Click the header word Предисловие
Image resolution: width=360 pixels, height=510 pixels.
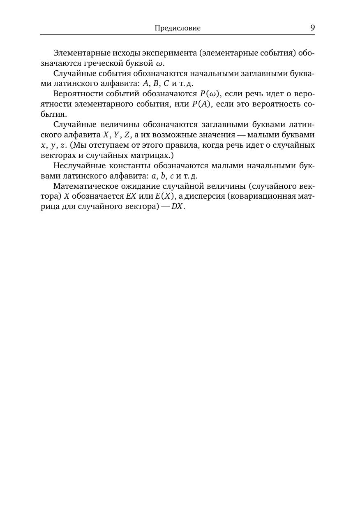click(178, 28)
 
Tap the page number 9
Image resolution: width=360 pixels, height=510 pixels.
click(312, 28)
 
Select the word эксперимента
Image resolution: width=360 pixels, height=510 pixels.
click(168, 53)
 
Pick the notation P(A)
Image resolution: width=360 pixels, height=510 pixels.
click(201, 104)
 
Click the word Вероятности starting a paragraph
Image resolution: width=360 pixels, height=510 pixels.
click(75, 94)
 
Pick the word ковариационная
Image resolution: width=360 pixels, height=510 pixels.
click(265, 196)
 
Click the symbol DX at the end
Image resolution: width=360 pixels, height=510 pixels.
click(177, 206)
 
